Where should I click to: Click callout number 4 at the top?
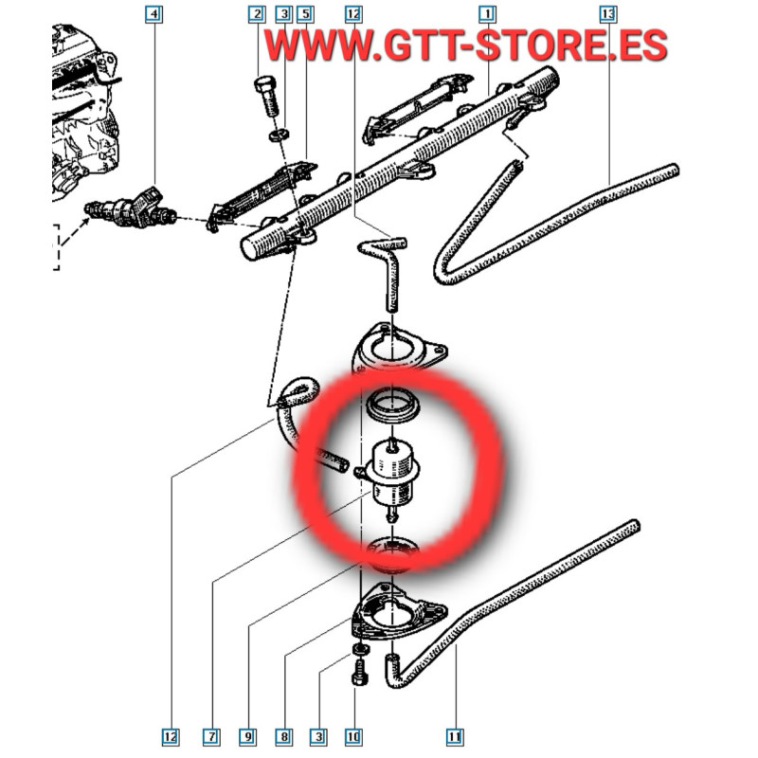point(153,14)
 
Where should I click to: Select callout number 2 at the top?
point(257,14)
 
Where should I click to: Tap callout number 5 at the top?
point(305,14)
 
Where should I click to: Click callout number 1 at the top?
point(487,14)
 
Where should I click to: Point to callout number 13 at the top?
point(607,14)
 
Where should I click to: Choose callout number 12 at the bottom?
point(171,737)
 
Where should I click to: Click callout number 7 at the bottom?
point(211,737)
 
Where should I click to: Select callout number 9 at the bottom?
point(248,737)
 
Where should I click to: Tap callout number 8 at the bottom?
point(284,737)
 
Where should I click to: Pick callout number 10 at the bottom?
point(353,737)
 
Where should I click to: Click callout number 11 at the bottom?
point(454,737)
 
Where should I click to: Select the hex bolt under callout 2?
point(266,96)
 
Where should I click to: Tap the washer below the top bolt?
point(280,134)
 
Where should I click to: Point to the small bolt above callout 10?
point(360,673)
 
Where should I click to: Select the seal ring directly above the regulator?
point(392,406)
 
